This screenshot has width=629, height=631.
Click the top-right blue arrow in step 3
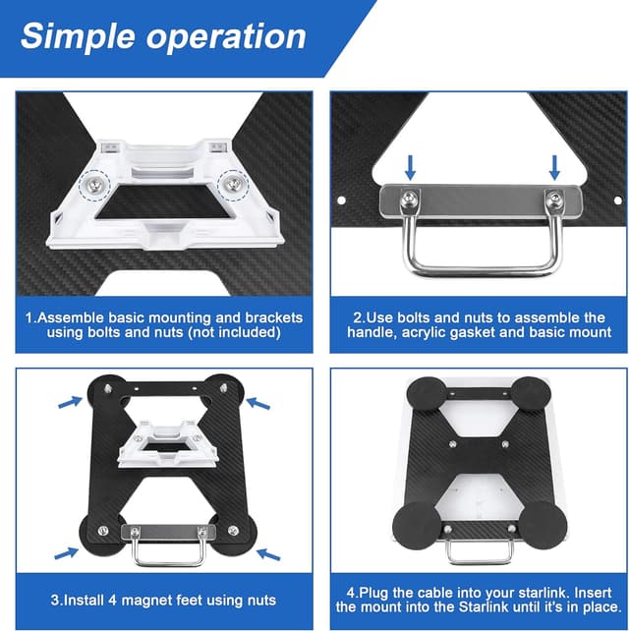[x=257, y=401]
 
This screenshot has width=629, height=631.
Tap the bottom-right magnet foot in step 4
[x=543, y=520]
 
